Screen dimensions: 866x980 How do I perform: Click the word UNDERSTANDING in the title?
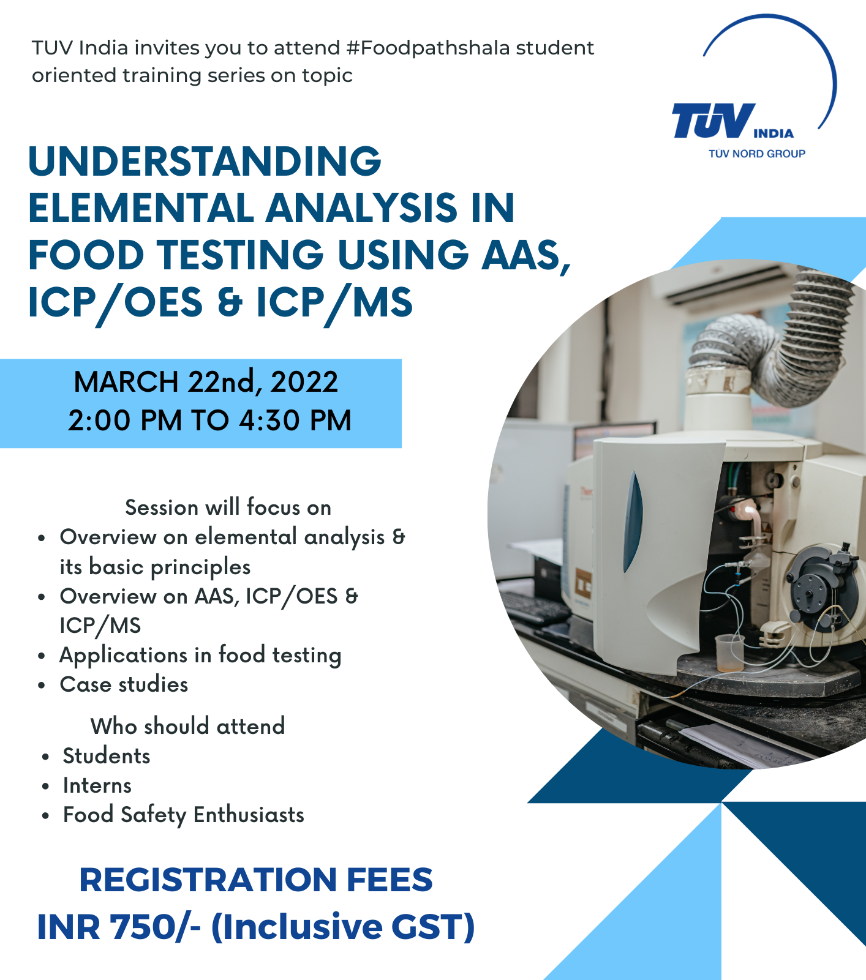(205, 161)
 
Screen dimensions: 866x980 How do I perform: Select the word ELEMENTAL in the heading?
(141, 208)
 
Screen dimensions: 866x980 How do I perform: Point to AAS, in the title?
(527, 256)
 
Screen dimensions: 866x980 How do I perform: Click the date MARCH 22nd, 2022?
(206, 382)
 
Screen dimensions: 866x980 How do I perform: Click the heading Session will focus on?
(228, 507)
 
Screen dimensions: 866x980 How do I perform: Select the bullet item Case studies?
(124, 684)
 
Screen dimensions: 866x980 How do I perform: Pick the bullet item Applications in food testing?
(200, 656)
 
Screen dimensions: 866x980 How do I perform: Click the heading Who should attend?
(187, 726)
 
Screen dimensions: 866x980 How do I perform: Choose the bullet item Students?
(107, 756)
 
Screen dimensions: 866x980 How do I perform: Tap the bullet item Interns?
(97, 785)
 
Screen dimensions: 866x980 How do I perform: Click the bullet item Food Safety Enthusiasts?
(184, 815)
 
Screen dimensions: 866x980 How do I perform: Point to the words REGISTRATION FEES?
(256, 880)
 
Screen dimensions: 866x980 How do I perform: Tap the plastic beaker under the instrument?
(730, 653)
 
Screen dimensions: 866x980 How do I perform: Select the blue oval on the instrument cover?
(634, 521)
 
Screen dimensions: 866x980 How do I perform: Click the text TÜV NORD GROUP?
(757, 154)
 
